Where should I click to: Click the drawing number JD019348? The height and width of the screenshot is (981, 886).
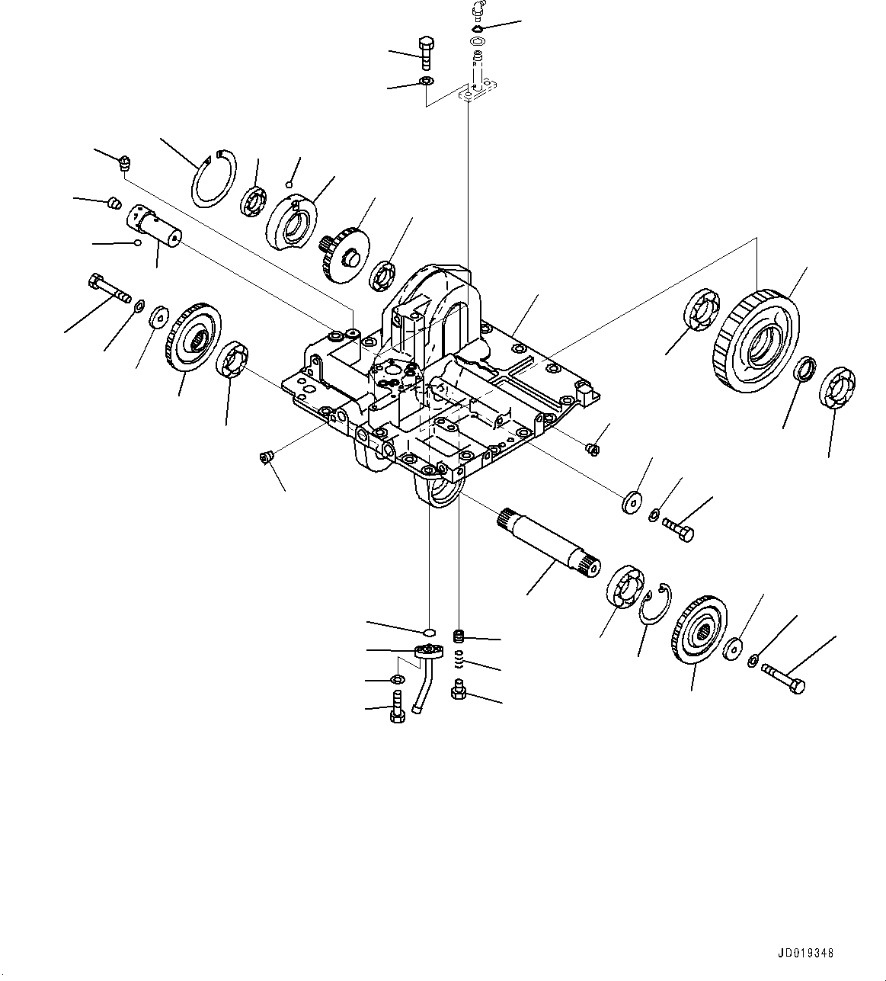pyautogui.click(x=806, y=953)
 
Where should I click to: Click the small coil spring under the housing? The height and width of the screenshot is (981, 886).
pyautogui.click(x=459, y=657)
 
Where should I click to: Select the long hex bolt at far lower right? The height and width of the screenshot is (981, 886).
pyautogui.click(x=782, y=678)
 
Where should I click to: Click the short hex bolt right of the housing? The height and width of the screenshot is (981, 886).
pyautogui.click(x=678, y=528)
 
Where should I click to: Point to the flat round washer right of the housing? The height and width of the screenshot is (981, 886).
pyautogui.click(x=631, y=503)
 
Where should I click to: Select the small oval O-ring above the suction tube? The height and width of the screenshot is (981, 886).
pyautogui.click(x=430, y=632)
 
